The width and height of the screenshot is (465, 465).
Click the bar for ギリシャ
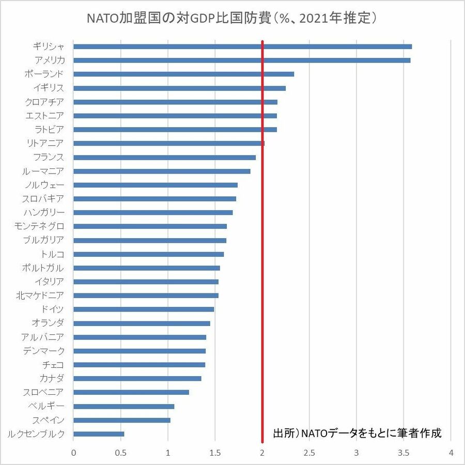pyautogui.click(x=242, y=47)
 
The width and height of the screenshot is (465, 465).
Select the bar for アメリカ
pyautogui.click(x=242, y=60)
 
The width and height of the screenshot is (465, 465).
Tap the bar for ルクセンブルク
pyautogui.click(x=99, y=434)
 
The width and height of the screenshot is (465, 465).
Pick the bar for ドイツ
pyautogui.click(x=144, y=309)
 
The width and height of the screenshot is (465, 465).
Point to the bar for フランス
pyautogui.click(x=164, y=157)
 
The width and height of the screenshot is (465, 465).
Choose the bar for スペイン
pyautogui.click(x=122, y=420)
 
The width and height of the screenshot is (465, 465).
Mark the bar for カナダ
pyautogui.click(x=137, y=379)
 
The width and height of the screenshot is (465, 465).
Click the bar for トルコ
pyautogui.click(x=149, y=254)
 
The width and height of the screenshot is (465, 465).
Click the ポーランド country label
pyautogui.click(x=44, y=74)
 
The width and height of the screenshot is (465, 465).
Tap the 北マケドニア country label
pyautogui.click(x=41, y=296)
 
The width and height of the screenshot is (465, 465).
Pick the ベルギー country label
pyautogui.click(x=47, y=406)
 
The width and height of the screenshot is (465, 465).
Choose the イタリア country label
pyautogui.click(x=50, y=282)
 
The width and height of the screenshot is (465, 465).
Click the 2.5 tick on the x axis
pyautogui.click(x=309, y=453)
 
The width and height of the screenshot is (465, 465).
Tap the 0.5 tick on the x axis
pyautogui.click(x=121, y=453)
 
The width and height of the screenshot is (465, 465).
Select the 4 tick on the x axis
pyautogui.click(x=452, y=453)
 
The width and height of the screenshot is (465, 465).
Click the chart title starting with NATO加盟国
pyautogui.click(x=233, y=19)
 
